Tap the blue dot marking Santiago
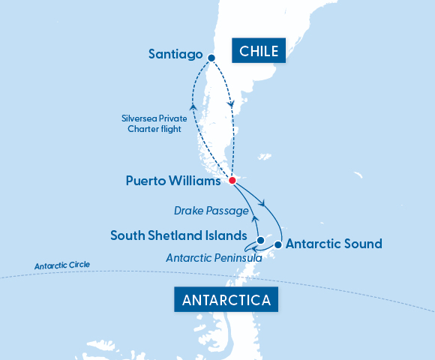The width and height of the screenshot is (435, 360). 211,58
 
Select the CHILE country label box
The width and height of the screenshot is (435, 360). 259,51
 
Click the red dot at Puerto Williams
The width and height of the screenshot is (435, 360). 232,181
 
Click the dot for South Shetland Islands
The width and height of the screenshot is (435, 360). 260,241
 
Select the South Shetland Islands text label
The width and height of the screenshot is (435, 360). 178,235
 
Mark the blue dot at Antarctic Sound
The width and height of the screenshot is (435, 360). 277,244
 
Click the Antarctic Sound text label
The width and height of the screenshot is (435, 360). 334,244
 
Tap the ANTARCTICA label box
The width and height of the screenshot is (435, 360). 228,301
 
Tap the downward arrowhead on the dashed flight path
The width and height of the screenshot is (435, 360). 232,104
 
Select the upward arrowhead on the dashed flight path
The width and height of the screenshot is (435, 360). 193,107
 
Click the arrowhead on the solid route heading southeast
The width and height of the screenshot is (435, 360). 261,202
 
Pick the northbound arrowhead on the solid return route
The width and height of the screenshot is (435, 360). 253,218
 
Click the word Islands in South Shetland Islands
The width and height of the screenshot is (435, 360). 227,235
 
